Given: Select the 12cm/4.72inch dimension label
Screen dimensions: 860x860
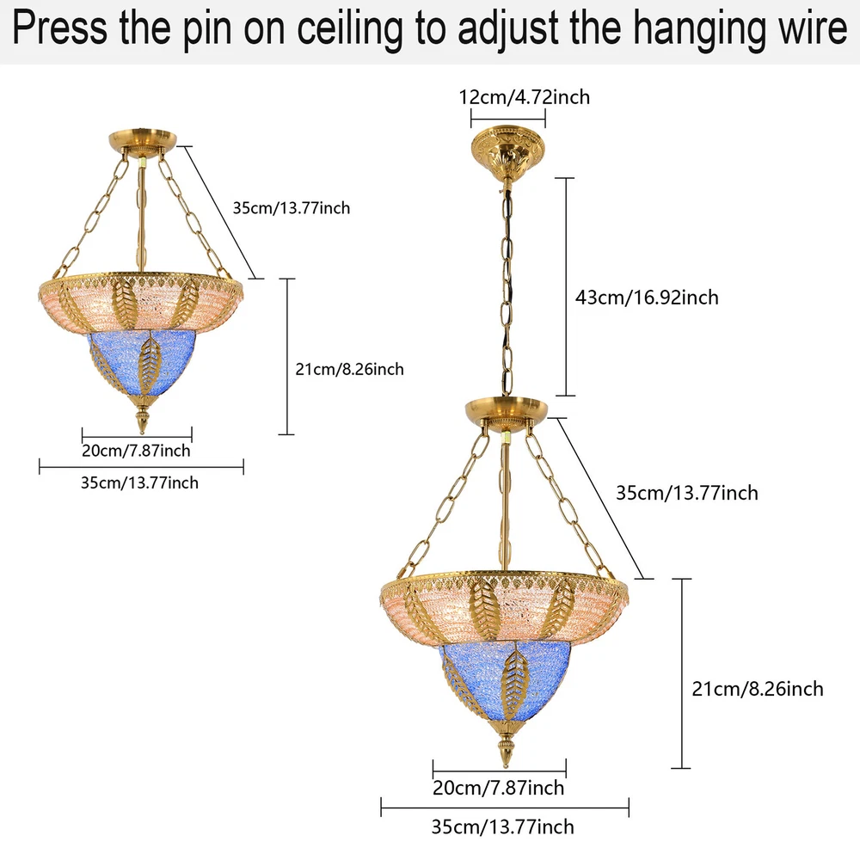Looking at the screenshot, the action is point(525,97).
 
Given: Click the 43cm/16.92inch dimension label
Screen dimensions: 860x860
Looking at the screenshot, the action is point(647,298).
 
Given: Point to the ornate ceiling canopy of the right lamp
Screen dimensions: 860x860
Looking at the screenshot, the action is point(508,151).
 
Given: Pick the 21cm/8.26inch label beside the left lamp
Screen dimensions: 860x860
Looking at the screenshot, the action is point(349,369).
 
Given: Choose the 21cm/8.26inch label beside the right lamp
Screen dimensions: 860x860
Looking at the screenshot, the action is point(758,688).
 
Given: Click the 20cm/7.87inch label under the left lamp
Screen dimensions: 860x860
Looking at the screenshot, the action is point(136,451).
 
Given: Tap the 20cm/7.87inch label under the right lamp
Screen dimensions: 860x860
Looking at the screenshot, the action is point(498,788).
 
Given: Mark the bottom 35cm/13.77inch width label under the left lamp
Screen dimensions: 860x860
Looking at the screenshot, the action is point(139,482).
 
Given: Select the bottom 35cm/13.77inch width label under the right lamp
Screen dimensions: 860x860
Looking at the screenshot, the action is point(502,826).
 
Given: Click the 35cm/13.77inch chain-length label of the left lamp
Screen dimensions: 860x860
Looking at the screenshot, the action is point(292,208).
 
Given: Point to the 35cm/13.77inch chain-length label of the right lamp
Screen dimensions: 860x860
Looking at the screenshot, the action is point(686,493).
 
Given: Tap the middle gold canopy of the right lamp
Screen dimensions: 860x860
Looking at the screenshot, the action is point(507,411).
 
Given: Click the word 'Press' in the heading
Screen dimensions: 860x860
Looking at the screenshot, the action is point(60,28).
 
